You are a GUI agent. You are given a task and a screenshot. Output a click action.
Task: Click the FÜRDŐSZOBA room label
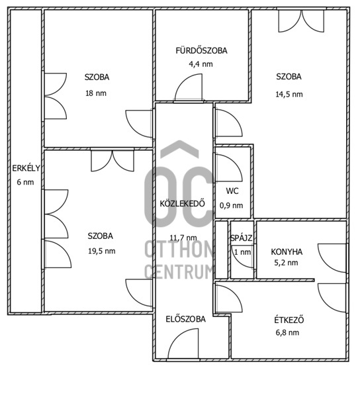pyautogui.click(x=201, y=50)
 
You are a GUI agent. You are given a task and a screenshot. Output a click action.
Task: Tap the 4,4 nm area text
pyautogui.click(x=201, y=64)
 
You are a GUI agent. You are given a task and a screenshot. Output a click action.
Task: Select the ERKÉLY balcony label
pyautogui.click(x=26, y=168)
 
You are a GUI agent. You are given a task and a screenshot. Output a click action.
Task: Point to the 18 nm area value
pyautogui.click(x=96, y=93)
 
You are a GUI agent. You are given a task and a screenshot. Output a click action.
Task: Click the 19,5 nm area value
pyautogui.click(x=102, y=251)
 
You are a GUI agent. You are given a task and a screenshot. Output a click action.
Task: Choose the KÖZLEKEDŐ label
pyautogui.click(x=183, y=204)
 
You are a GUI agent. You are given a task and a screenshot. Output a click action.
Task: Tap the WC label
pyautogui.click(x=232, y=191)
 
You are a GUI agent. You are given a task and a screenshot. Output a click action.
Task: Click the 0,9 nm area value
pyautogui.click(x=231, y=205)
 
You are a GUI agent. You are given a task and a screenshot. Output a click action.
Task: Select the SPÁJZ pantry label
pyautogui.click(x=242, y=238)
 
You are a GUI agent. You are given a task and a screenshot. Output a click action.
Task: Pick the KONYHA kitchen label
pyautogui.click(x=287, y=252)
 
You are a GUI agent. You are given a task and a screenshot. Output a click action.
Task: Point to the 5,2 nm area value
pyautogui.click(x=286, y=263)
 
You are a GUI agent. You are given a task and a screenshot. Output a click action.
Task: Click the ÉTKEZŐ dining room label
pyautogui.click(x=289, y=320)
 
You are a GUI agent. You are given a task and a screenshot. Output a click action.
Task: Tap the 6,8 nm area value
pyautogui.click(x=287, y=333)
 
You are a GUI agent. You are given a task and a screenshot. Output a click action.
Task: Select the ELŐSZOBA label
pyautogui.click(x=185, y=319)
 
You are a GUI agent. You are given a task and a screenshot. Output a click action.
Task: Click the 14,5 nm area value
pyautogui.click(x=289, y=95)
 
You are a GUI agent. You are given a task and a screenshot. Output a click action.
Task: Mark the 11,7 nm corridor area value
pyautogui.click(x=183, y=238)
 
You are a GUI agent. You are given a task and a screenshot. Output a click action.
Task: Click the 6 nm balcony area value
pyautogui.click(x=25, y=182)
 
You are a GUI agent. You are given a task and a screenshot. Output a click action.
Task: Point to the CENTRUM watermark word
pyautogui.click(x=179, y=272)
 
